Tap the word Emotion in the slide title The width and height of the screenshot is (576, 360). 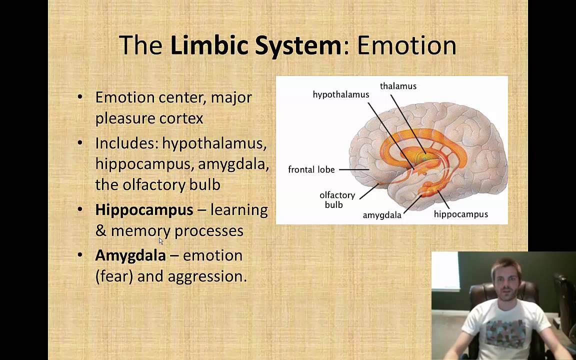406,45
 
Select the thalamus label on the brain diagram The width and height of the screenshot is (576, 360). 398,86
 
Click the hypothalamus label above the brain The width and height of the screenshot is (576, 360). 341,94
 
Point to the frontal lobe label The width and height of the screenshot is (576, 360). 311,169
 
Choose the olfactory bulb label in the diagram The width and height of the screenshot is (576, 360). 337,199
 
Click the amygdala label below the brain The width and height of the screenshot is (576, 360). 382,215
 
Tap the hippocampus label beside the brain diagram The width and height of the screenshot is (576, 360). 460,214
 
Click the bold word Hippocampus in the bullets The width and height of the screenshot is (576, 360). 144,209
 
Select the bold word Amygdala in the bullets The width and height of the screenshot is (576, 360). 130,255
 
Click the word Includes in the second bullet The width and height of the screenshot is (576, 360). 126,143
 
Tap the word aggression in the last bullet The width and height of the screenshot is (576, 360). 207,276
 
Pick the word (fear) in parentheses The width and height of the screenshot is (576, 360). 114,276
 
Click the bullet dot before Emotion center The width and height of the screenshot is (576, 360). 80,96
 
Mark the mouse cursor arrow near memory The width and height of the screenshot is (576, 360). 161,241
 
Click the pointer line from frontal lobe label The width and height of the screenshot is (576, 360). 353,169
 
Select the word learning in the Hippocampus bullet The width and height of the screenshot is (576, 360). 239,209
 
